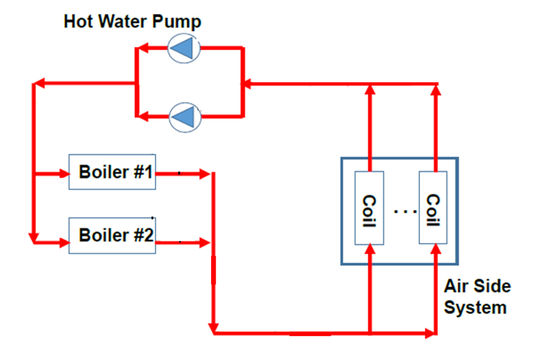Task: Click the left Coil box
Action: [x=370, y=208]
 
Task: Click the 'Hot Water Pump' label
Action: [x=132, y=22]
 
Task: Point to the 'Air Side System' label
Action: [x=476, y=297]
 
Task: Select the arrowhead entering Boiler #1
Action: [x=62, y=173]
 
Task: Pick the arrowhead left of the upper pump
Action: [x=141, y=48]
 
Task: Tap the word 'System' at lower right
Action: [x=476, y=307]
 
